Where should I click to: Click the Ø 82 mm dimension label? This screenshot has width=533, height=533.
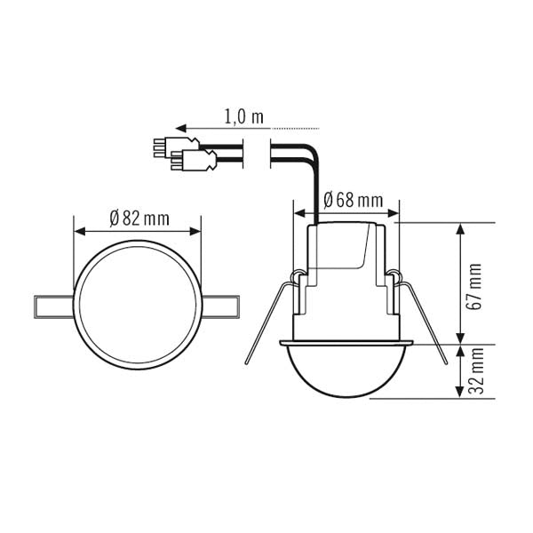139,218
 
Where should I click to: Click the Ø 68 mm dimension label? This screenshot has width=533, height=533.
354,201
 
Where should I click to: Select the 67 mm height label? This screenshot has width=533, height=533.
476,284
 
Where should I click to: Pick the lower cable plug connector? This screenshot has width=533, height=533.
197,162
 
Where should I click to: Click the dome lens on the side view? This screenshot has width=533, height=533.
346,373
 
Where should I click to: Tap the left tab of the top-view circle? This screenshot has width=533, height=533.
52,306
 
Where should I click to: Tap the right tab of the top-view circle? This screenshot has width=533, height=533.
222,306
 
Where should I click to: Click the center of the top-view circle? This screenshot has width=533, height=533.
137,306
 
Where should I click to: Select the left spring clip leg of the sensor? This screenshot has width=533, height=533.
266,320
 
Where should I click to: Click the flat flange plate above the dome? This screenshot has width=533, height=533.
346,342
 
